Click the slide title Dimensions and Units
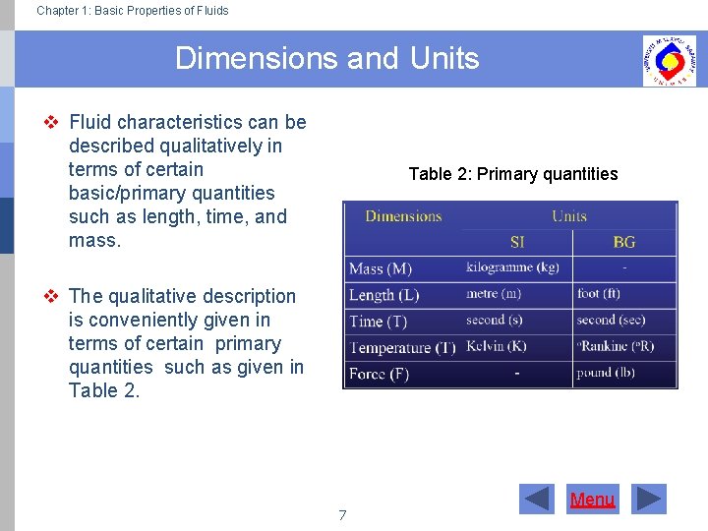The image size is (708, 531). pyautogui.click(x=326, y=59)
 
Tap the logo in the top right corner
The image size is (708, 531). pyautogui.click(x=669, y=60)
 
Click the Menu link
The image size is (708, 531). pyautogui.click(x=592, y=500)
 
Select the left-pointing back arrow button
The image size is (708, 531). pyautogui.click(x=537, y=500)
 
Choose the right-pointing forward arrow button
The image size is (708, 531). pyautogui.click(x=648, y=500)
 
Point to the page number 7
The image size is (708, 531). pyautogui.click(x=342, y=515)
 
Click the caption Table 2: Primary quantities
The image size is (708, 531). pyautogui.click(x=512, y=174)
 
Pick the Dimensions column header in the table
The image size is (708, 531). pyautogui.click(x=403, y=216)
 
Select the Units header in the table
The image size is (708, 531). pyautogui.click(x=568, y=216)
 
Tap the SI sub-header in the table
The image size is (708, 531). pyautogui.click(x=517, y=242)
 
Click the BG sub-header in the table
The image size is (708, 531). pyautogui.click(x=623, y=242)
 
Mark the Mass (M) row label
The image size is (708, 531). pyautogui.click(x=381, y=268)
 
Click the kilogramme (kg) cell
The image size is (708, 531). pyautogui.click(x=512, y=267)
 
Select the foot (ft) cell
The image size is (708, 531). pyautogui.click(x=598, y=294)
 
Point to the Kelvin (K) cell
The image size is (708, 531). pyautogui.click(x=497, y=346)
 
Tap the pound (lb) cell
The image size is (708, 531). pyautogui.click(x=606, y=373)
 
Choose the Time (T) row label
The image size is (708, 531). pyautogui.click(x=378, y=322)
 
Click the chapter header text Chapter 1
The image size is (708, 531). pyautogui.click(x=132, y=11)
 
